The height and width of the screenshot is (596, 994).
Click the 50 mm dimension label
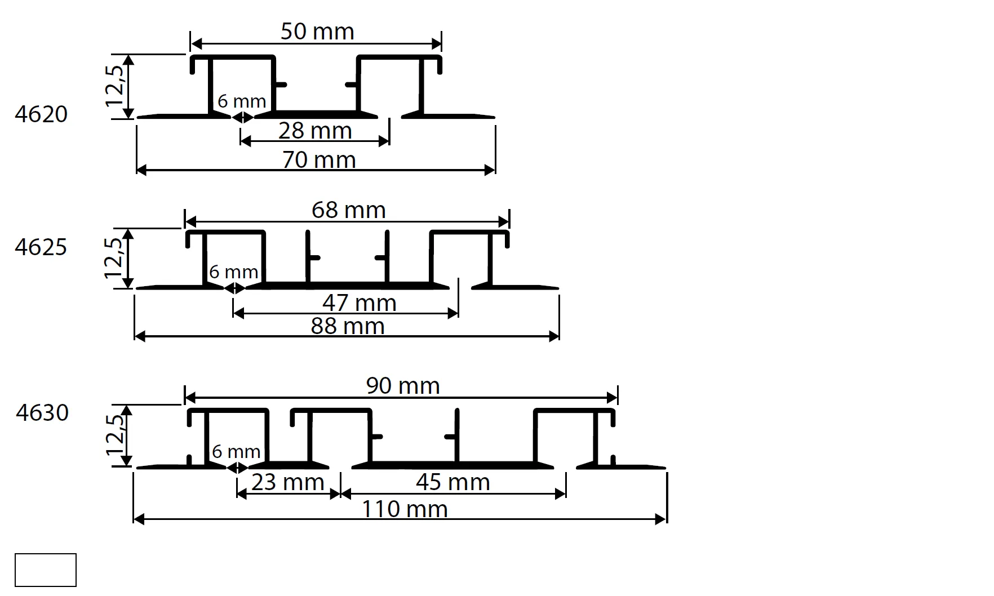tap(317, 32)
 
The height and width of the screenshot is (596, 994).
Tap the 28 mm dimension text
tap(315, 131)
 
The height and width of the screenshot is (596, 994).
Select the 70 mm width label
tap(319, 160)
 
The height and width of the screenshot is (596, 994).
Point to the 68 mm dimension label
tap(348, 210)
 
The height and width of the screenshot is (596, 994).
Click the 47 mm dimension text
tap(359, 303)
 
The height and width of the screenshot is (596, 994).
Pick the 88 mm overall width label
tap(348, 326)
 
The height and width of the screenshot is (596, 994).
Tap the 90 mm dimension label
tap(403, 386)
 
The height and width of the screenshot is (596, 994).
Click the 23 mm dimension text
tap(287, 482)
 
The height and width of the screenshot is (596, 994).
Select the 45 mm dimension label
tap(452, 482)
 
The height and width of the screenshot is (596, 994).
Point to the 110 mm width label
tap(404, 509)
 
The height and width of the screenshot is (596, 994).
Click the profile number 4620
tap(41, 114)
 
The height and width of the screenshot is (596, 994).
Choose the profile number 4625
tap(41, 247)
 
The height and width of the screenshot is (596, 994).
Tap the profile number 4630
tap(42, 413)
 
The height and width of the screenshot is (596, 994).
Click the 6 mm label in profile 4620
tap(242, 101)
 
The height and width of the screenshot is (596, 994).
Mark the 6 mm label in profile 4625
tap(233, 272)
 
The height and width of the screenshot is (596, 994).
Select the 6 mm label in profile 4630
tap(236, 452)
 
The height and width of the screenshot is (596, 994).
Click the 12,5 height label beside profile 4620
tap(114, 85)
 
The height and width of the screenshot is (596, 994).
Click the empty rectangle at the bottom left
tap(46, 570)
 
